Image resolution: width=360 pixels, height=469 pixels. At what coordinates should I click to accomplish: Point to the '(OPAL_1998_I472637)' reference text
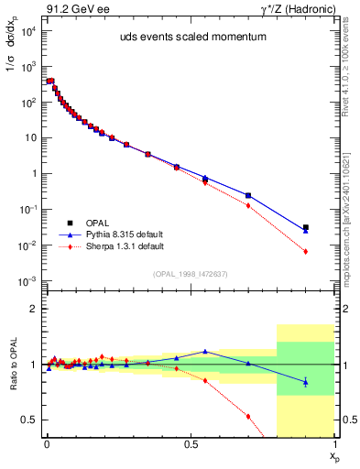point(190,274)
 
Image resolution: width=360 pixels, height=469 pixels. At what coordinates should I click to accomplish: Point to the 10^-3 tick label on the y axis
point(24,280)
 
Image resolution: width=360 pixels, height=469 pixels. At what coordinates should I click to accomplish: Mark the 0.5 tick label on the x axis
point(191,443)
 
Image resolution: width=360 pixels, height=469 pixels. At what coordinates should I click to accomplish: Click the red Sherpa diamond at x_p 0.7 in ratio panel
point(248,416)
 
